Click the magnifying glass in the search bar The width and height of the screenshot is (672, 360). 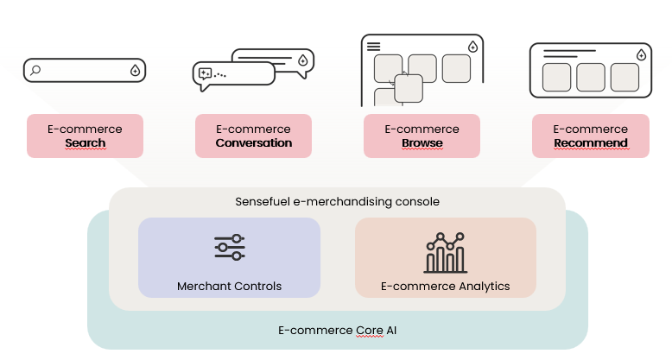point(35,70)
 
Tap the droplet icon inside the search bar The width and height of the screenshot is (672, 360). point(135,70)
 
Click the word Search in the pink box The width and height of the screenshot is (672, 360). point(85,142)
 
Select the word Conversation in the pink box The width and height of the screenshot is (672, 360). point(253,142)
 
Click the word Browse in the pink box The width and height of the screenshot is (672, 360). point(422,142)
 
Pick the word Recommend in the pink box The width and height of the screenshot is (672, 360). point(590,142)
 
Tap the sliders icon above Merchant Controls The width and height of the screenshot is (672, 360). point(230,247)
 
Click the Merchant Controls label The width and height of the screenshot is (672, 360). point(229,286)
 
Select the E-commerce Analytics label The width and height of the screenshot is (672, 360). point(446,286)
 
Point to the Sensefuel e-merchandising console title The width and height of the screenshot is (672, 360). point(337,201)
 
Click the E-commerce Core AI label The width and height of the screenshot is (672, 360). point(337,330)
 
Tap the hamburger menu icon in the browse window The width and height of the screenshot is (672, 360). point(373,46)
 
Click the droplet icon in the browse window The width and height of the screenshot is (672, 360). point(472,47)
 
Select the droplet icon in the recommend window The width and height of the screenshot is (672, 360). point(640,54)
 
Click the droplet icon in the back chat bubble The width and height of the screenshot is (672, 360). point(302,60)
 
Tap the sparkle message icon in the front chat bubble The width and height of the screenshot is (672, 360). point(205,74)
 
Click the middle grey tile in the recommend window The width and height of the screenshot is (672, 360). point(590,77)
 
